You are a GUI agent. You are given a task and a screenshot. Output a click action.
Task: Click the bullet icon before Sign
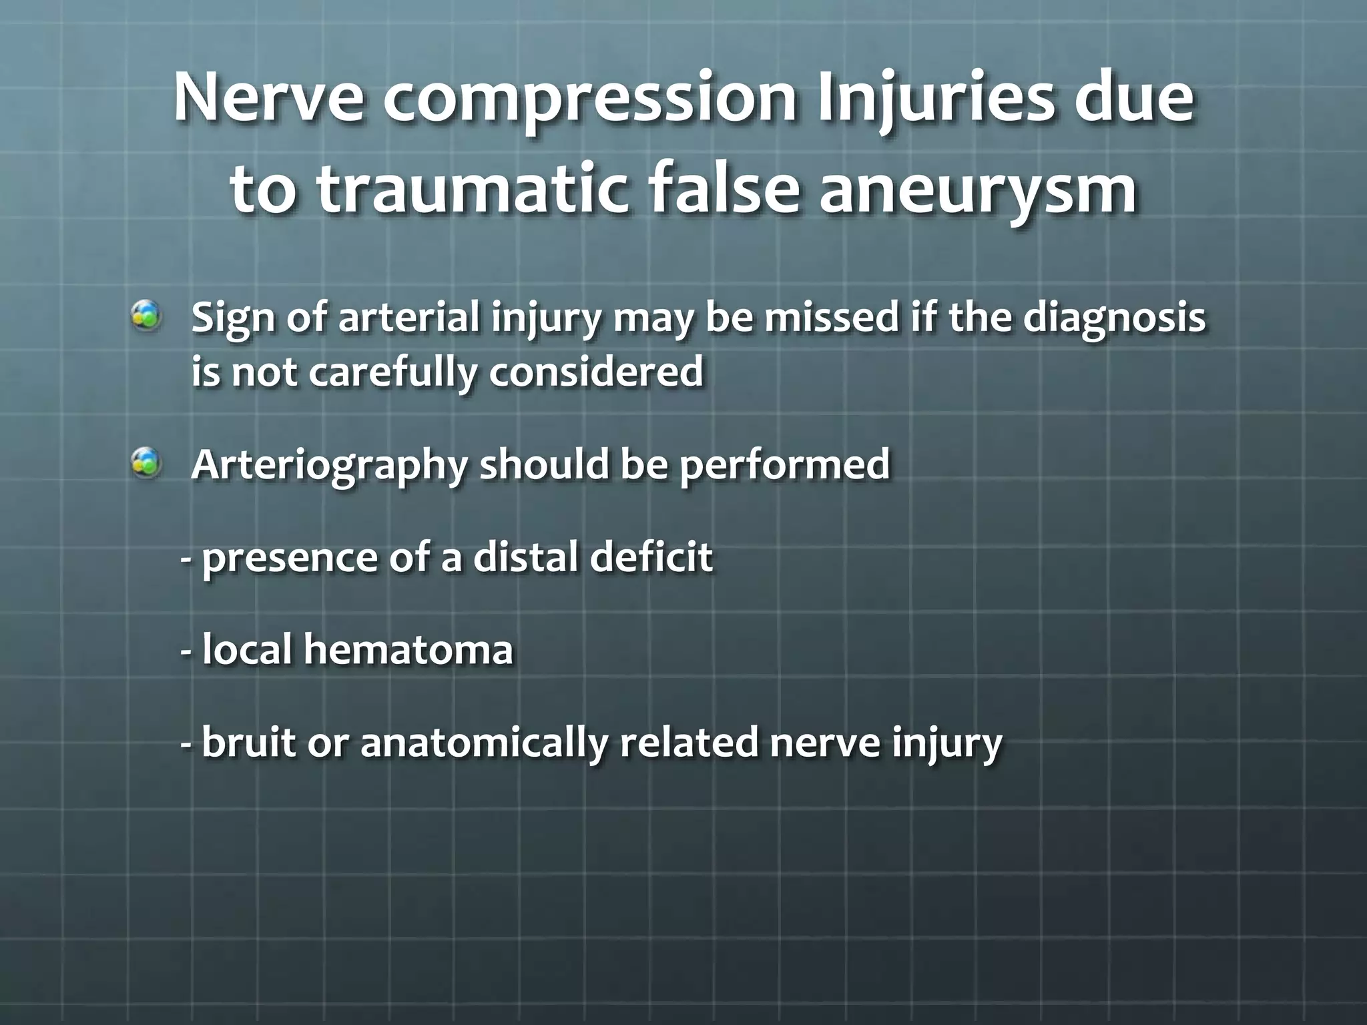coord(146,316)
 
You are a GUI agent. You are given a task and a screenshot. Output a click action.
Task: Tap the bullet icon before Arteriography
coord(146,463)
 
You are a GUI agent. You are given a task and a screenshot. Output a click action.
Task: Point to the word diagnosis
coord(1114,319)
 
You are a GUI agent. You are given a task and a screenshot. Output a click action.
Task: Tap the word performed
coord(785,464)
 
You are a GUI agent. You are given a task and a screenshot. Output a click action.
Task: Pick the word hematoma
coord(408,649)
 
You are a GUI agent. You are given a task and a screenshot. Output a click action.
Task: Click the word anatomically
coord(484,743)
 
